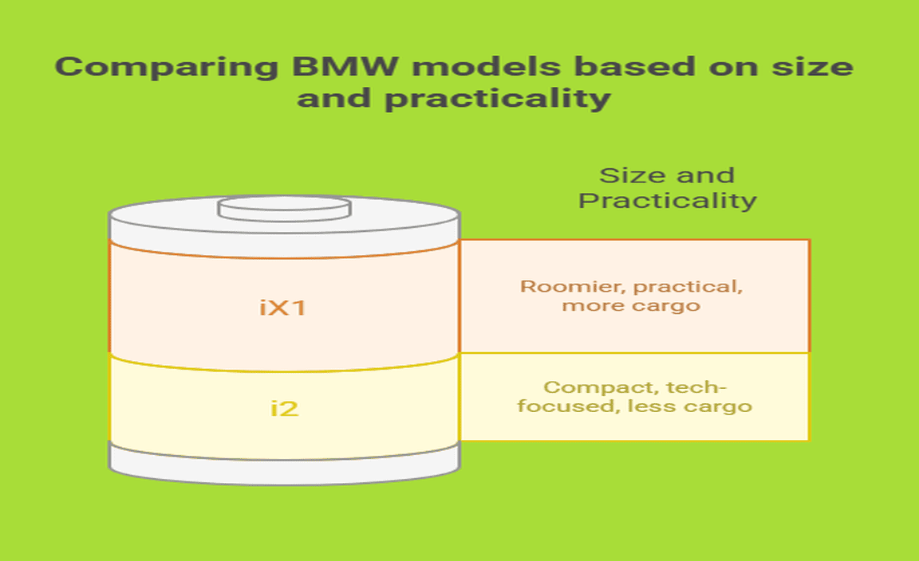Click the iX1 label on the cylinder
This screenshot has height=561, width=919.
[x=283, y=308]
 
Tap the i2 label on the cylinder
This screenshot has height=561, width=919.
[x=284, y=409]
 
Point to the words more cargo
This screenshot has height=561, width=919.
[x=631, y=305]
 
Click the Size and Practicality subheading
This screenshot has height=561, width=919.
[x=667, y=187]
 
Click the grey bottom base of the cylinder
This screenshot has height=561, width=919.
[x=284, y=464]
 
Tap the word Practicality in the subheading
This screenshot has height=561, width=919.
[x=667, y=200]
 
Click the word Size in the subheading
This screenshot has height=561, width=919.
[x=628, y=175]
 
